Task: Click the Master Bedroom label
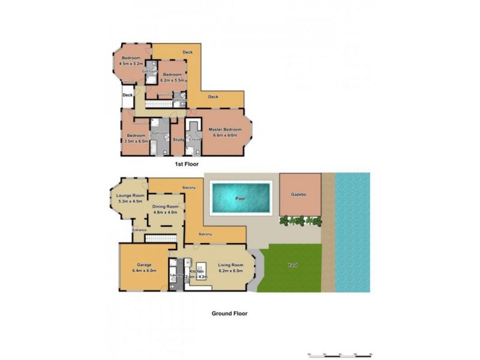225,130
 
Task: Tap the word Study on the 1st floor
178,140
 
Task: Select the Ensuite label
193,140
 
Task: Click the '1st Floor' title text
186,163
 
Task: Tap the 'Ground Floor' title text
229,313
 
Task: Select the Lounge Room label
130,196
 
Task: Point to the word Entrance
139,230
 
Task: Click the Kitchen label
197,272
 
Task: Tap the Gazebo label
299,196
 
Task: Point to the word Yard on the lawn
292,265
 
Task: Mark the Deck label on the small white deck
127,95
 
